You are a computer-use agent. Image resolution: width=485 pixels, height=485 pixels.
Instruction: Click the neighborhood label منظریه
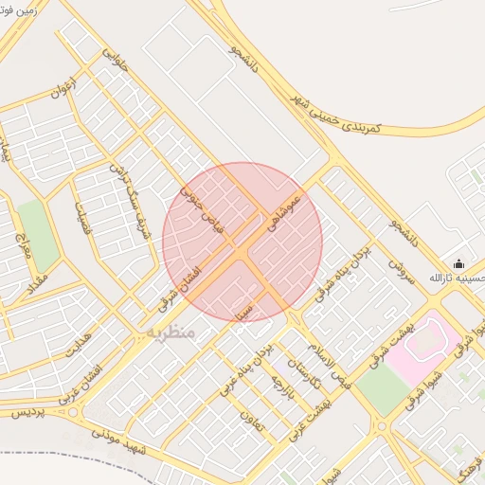point(171,332)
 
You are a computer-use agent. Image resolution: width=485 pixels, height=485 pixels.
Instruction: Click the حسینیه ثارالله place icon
point(459,264)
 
